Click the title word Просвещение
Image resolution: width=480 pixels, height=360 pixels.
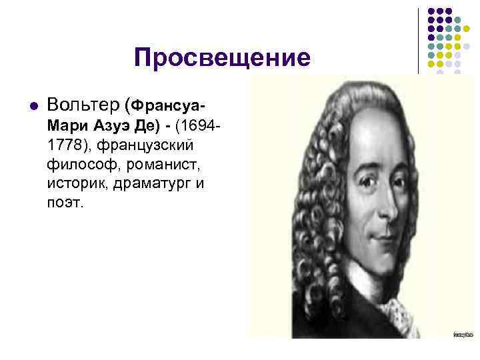coord(222,58)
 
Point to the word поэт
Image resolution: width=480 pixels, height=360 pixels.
coord(66,202)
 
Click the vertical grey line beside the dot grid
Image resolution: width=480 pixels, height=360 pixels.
coord(419,40)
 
